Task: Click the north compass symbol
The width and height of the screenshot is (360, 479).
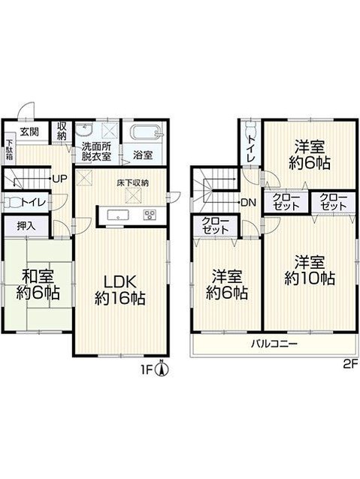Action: click(x=163, y=369)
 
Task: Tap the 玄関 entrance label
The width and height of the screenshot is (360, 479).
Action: click(x=29, y=131)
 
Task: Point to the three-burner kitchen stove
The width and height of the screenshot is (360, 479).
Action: click(x=150, y=214)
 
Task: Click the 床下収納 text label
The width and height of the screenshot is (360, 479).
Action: click(x=133, y=183)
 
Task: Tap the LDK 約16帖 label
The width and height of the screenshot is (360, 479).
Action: click(x=120, y=290)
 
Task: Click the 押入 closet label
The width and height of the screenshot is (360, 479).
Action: click(x=26, y=225)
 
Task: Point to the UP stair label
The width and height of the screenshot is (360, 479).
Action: click(x=59, y=179)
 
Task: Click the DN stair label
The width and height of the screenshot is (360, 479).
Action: click(x=249, y=202)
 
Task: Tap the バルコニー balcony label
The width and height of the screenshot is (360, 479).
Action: click(x=274, y=345)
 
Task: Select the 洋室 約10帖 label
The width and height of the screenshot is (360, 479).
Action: click(x=310, y=271)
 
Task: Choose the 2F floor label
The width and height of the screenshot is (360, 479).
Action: click(x=350, y=364)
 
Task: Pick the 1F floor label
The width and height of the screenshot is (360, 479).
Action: click(x=147, y=371)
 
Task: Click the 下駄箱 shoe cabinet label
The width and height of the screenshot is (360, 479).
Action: click(x=10, y=149)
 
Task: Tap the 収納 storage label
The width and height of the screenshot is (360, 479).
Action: click(x=62, y=131)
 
